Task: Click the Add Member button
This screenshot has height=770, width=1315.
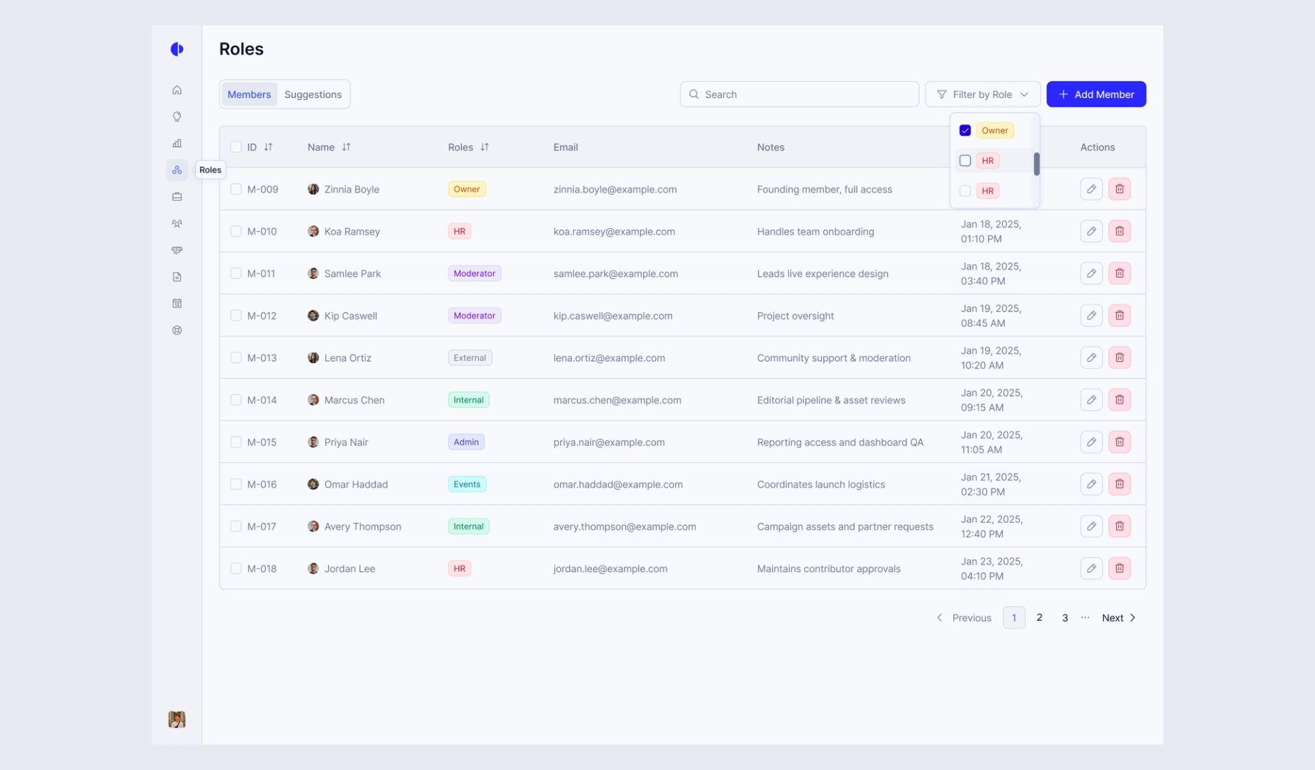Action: click(1096, 95)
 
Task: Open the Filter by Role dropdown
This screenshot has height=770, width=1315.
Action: click(982, 95)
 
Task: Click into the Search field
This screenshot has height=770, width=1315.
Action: click(799, 95)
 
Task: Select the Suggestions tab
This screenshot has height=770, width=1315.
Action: click(313, 95)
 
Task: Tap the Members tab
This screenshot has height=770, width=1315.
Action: click(249, 95)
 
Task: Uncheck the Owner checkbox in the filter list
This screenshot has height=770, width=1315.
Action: click(965, 130)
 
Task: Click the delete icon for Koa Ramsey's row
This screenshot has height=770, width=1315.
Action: click(1119, 232)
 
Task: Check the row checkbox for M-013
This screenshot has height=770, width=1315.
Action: click(236, 358)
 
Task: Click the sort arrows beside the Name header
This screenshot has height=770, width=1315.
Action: click(347, 147)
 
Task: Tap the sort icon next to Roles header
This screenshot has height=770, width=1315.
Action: click(485, 147)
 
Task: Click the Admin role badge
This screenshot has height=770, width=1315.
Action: click(466, 442)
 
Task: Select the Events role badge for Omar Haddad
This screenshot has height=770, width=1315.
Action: click(467, 484)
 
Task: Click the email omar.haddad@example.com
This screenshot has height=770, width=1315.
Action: click(618, 484)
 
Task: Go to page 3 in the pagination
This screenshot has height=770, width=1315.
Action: click(1065, 618)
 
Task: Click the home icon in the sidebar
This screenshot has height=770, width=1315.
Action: click(177, 90)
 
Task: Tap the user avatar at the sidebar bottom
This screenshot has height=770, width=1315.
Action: click(177, 719)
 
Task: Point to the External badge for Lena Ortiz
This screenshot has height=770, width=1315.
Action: click(470, 358)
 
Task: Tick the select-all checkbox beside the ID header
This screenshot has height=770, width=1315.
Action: click(236, 147)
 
